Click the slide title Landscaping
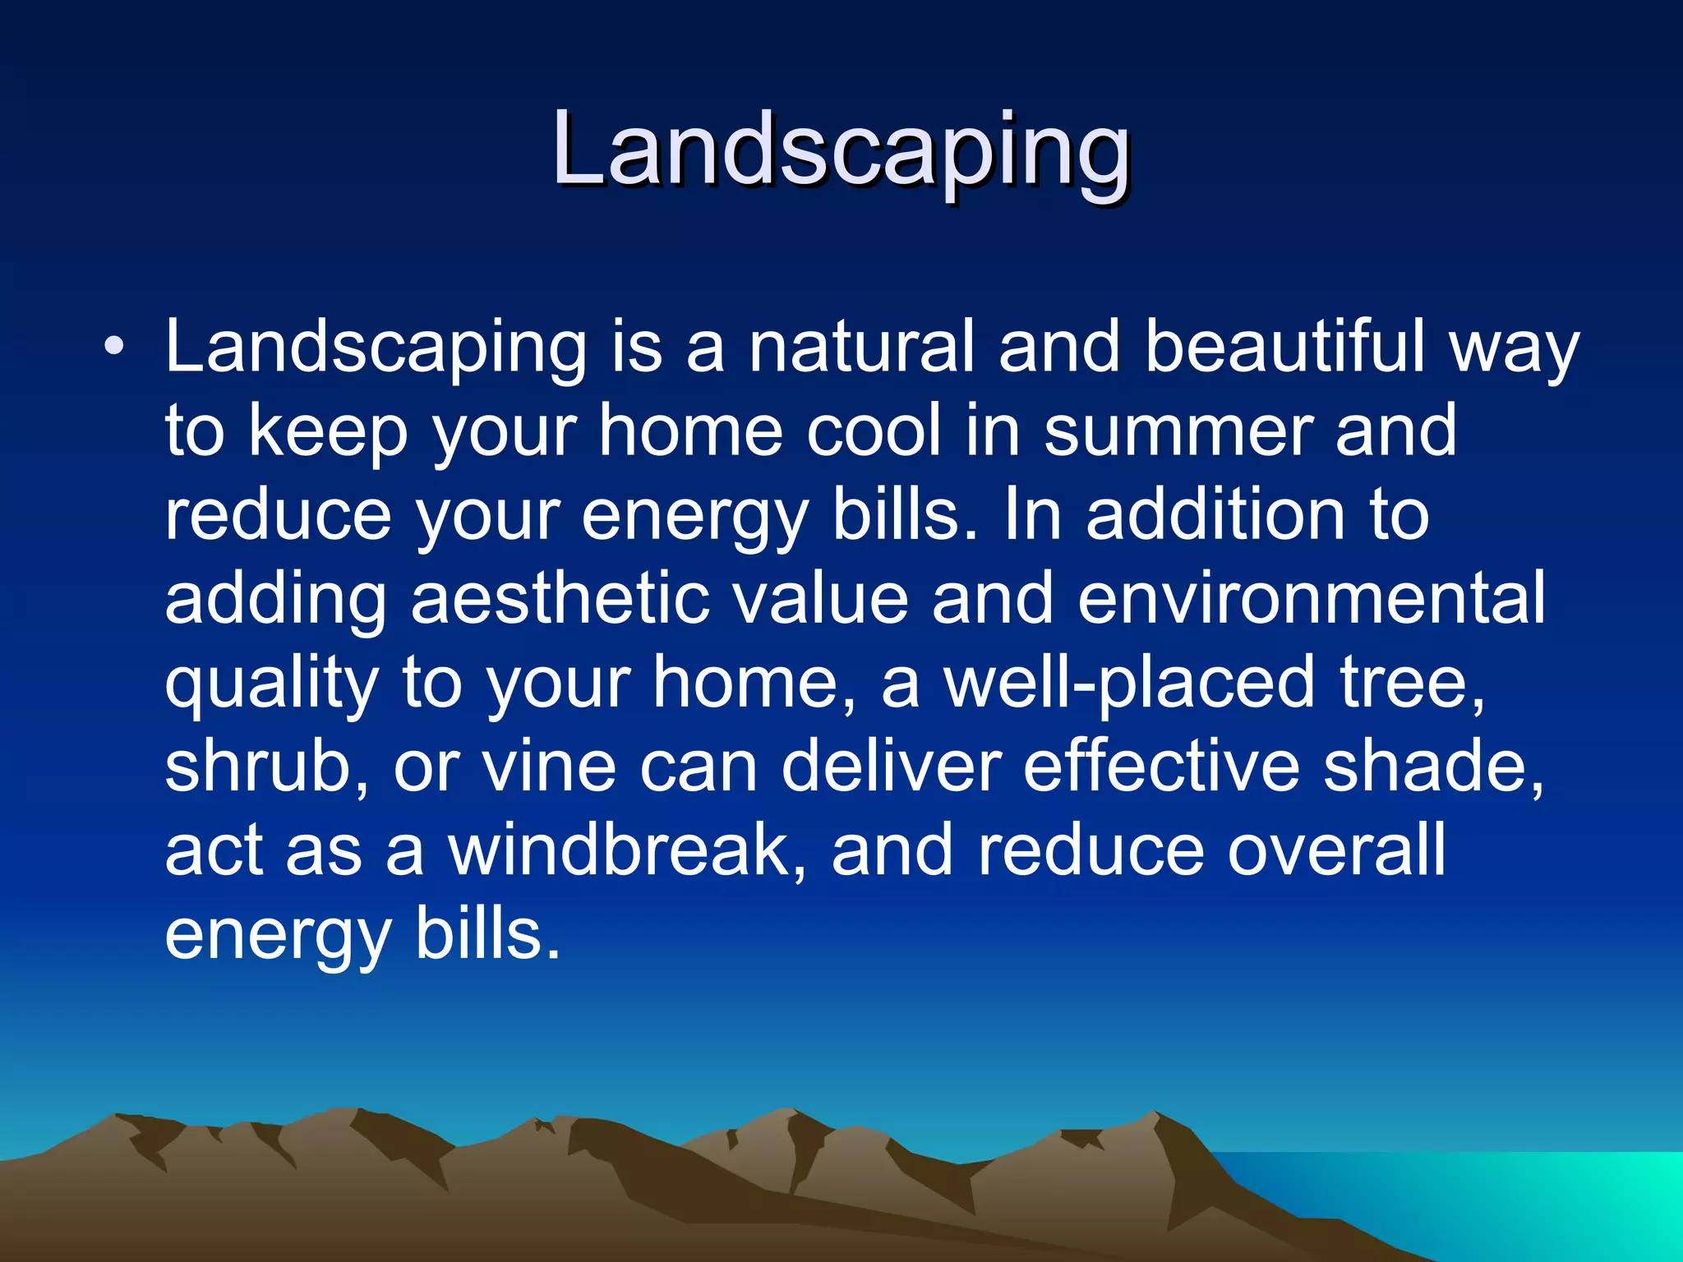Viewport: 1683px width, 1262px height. click(x=841, y=152)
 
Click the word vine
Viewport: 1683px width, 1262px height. click(x=548, y=767)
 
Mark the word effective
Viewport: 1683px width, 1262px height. click(x=1161, y=767)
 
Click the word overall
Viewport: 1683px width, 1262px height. click(x=1335, y=851)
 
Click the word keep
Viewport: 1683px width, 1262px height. click(x=328, y=433)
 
